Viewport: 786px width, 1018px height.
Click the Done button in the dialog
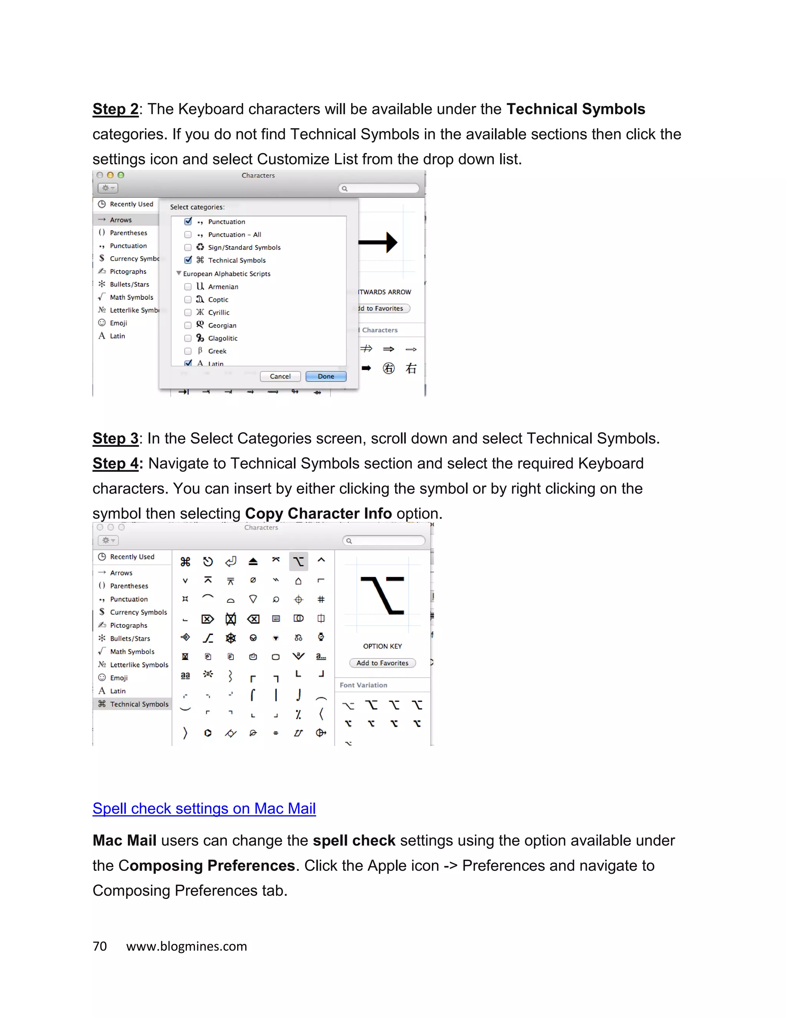point(326,376)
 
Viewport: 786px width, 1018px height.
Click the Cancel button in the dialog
point(280,376)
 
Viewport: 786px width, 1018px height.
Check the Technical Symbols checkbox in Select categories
point(188,260)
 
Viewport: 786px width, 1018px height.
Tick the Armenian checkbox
point(188,287)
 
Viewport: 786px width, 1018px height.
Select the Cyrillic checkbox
point(188,312)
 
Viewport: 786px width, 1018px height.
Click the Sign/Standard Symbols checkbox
point(188,247)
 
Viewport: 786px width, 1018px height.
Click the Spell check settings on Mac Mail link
point(204,808)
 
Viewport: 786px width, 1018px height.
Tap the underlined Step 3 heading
point(116,439)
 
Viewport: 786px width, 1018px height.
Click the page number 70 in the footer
point(100,946)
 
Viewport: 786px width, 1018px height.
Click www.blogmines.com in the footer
point(186,946)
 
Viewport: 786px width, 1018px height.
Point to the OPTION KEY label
point(382,646)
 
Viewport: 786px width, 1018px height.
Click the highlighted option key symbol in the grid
point(299,561)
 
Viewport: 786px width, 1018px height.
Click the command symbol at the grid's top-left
point(185,561)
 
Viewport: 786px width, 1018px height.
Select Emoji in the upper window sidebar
point(118,323)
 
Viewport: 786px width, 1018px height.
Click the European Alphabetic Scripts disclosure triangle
point(179,274)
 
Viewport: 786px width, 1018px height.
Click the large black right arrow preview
point(378,242)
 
